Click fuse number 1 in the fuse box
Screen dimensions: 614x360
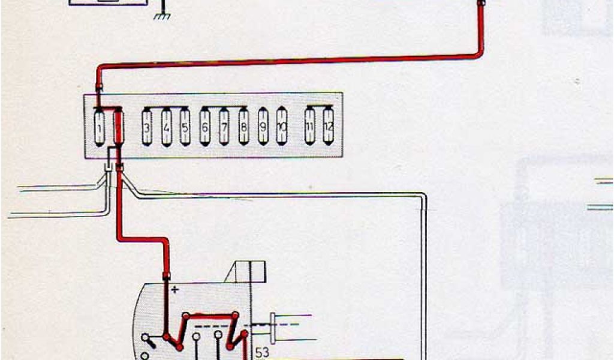[x=100, y=127]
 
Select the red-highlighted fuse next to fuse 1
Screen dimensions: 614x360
[x=118, y=127]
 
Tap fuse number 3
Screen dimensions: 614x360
[x=147, y=127]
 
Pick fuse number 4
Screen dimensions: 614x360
[x=166, y=127]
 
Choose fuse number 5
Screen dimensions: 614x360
[x=185, y=127]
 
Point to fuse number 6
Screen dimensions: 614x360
[x=205, y=127]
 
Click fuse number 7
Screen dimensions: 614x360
[x=224, y=127]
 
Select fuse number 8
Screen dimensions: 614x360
[x=243, y=127]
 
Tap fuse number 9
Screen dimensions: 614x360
[x=263, y=127]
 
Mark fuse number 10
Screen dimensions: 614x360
[x=282, y=127]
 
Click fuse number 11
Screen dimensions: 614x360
[x=309, y=127]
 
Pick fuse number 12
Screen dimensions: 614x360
[x=328, y=127]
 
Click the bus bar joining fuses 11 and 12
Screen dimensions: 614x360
[x=318, y=107]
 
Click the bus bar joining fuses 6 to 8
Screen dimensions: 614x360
[x=224, y=107]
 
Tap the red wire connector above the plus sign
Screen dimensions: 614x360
[x=165, y=276]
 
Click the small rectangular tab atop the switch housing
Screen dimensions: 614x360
[x=251, y=271]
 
